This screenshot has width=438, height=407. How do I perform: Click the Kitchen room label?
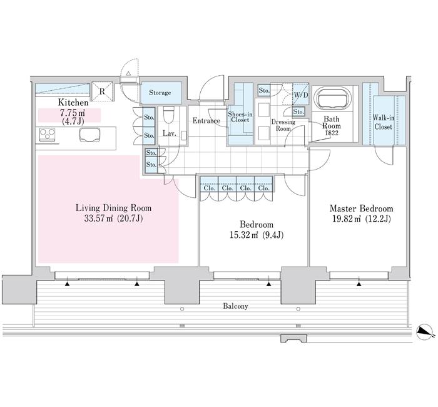73,102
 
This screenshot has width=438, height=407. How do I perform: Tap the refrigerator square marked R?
102,91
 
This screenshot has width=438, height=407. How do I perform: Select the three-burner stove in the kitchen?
47,135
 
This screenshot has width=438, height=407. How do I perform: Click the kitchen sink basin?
89,135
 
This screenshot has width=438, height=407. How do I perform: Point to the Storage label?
160,93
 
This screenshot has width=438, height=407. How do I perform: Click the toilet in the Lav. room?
168,115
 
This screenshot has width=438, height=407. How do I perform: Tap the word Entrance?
206,121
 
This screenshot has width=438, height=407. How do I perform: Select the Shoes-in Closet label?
240,117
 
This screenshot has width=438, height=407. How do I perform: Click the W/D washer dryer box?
301,94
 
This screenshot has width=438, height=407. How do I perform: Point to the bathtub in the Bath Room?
332,99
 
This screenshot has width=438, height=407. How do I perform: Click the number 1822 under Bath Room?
332,133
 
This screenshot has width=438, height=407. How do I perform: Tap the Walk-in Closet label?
384,123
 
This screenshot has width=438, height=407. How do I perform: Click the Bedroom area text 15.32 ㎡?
243,235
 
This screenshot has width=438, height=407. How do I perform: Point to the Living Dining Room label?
114,208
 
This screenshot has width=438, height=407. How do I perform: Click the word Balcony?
235,306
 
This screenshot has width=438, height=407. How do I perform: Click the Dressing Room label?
283,125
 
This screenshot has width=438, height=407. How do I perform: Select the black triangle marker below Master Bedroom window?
359,284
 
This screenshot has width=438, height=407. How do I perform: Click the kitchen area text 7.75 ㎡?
73,113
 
